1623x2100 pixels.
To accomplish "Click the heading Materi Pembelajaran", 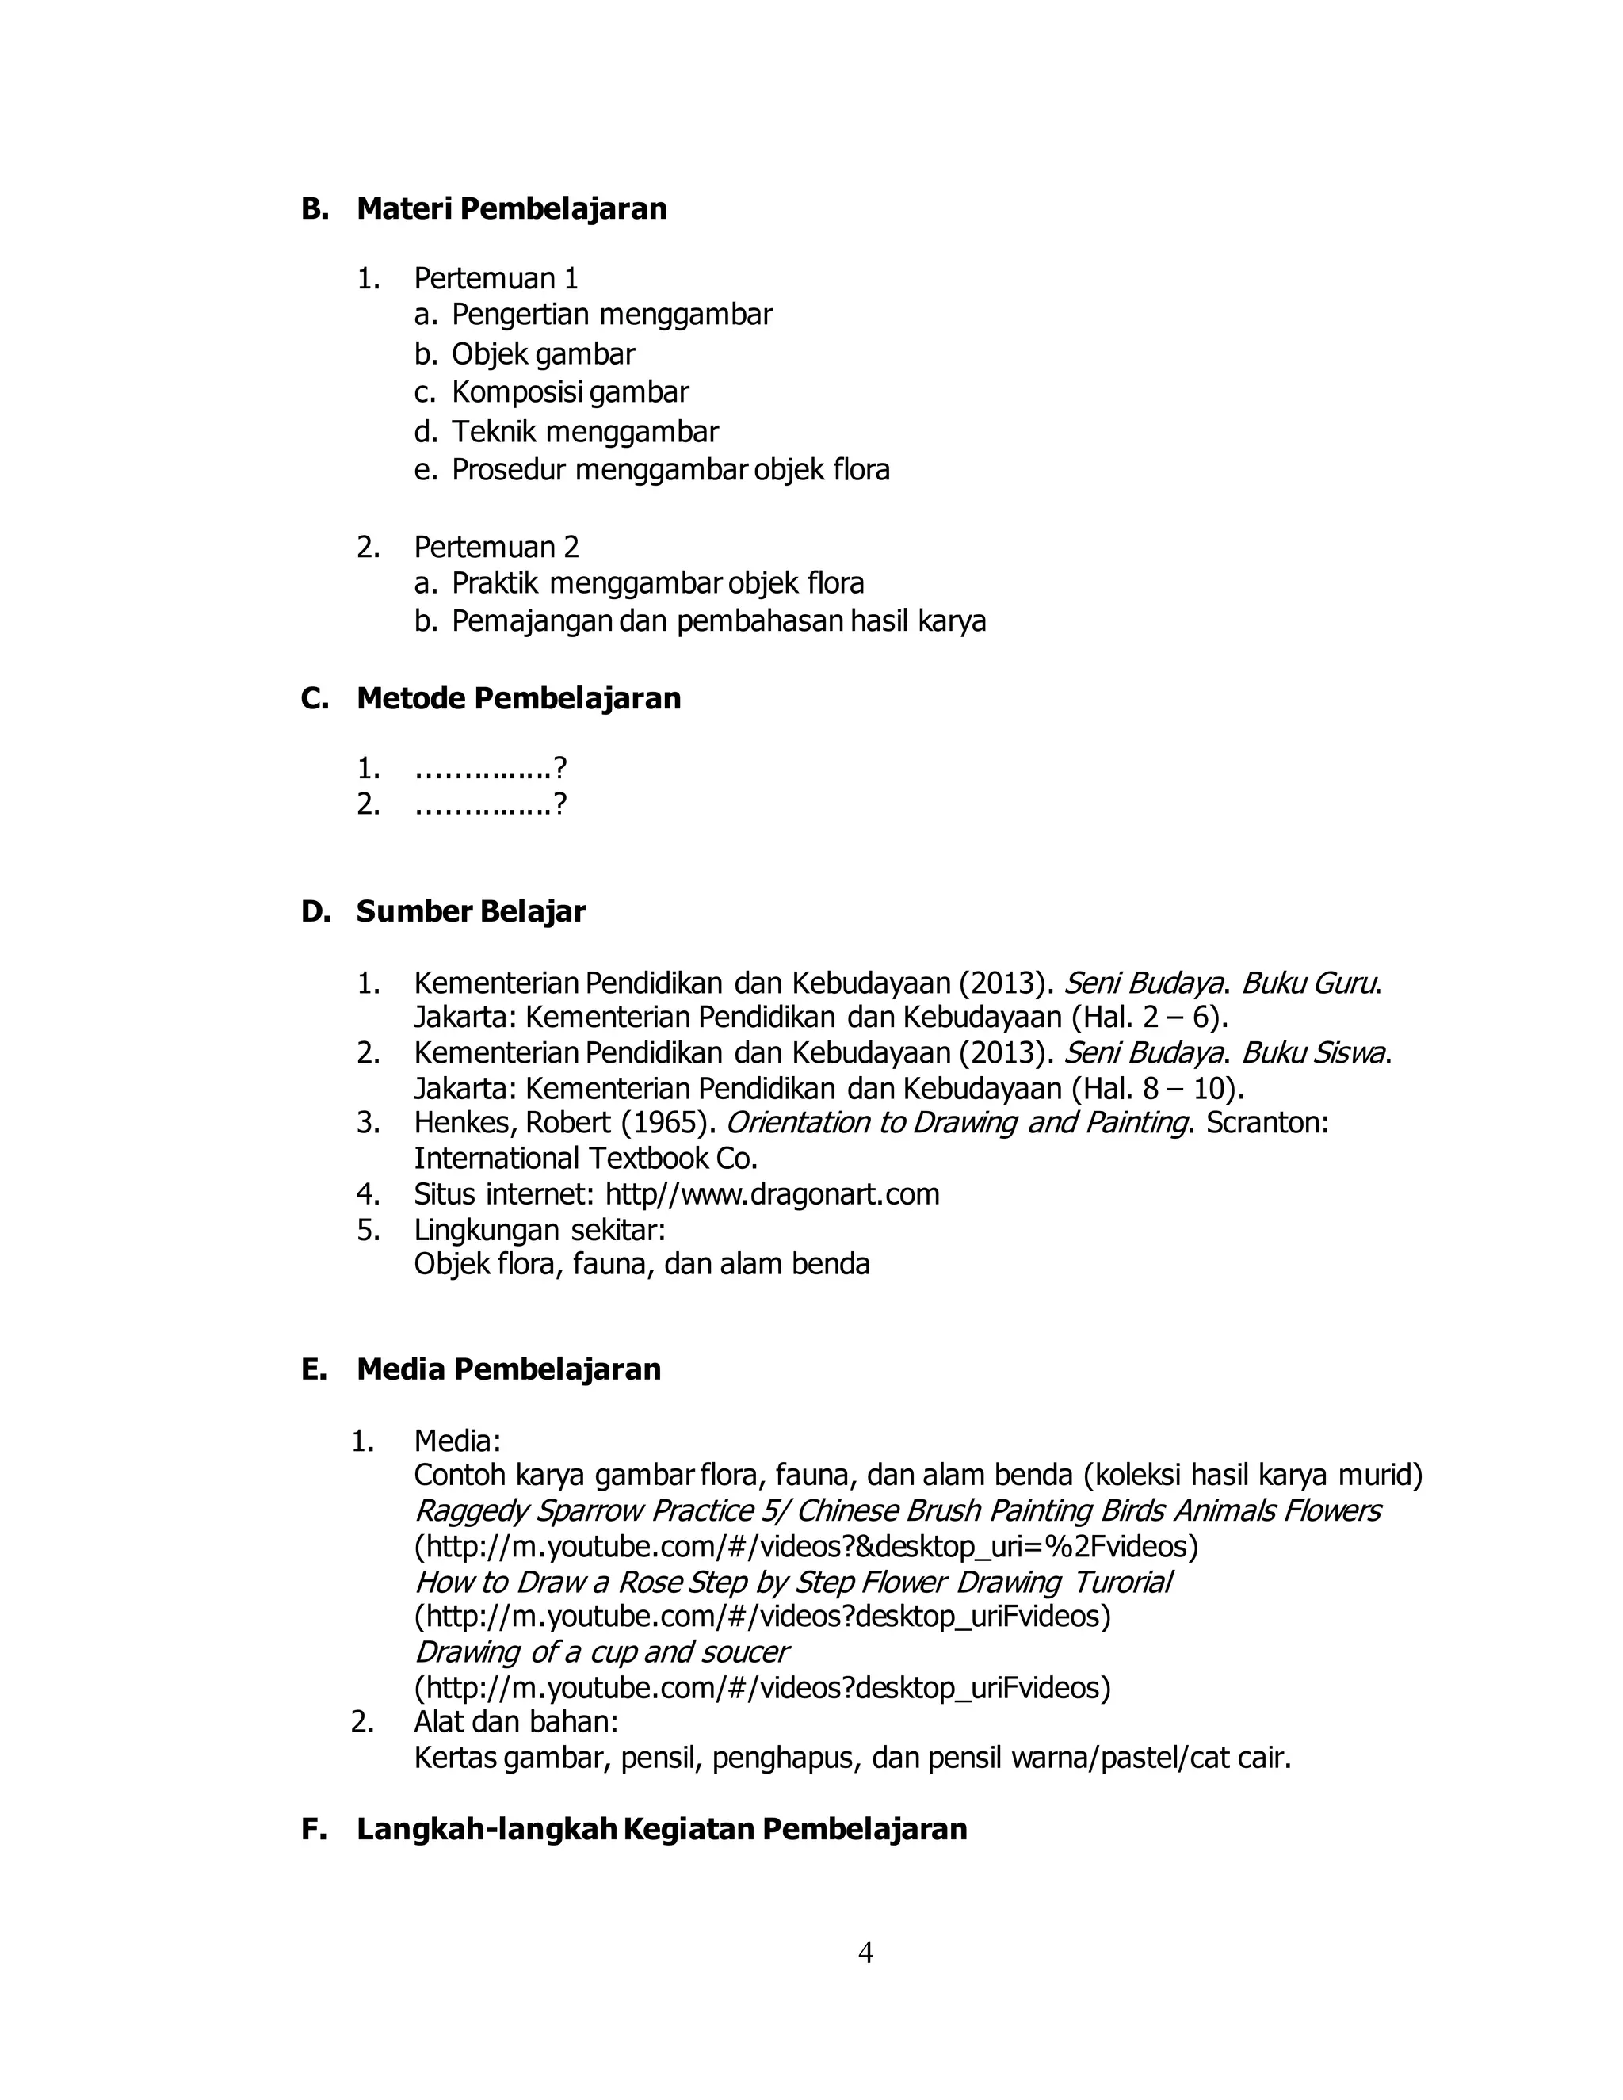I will [x=511, y=208].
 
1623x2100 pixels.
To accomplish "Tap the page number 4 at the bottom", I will [x=865, y=1953].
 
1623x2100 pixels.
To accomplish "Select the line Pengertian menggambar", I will [x=612, y=315].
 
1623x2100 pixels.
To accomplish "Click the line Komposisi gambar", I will [x=570, y=392].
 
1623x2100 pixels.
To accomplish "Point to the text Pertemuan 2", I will [x=496, y=547].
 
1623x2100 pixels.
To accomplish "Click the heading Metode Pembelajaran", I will [x=518, y=698].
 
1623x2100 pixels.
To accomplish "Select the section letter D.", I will [x=315, y=911].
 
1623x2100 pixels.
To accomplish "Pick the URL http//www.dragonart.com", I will [x=772, y=1194].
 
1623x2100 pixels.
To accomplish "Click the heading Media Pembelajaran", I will [x=509, y=1369].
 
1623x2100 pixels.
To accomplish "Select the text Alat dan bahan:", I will [x=515, y=1721].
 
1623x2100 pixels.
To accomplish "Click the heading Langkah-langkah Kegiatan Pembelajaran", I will [x=662, y=1829].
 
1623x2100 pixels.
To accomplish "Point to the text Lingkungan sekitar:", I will [x=540, y=1230].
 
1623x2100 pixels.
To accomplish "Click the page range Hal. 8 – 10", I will [x=1155, y=1089].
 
